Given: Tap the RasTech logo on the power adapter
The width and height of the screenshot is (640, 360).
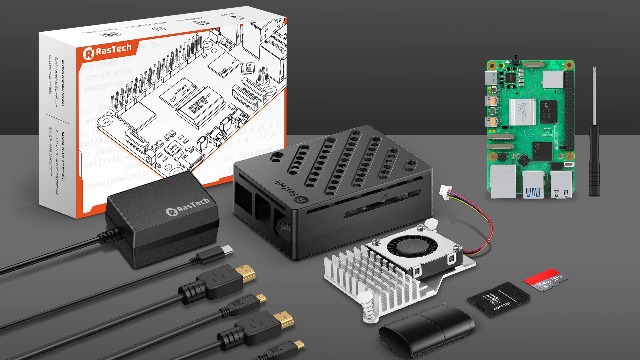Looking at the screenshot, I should [x=155, y=209].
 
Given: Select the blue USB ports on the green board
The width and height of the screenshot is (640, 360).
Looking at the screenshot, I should [x=533, y=186].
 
